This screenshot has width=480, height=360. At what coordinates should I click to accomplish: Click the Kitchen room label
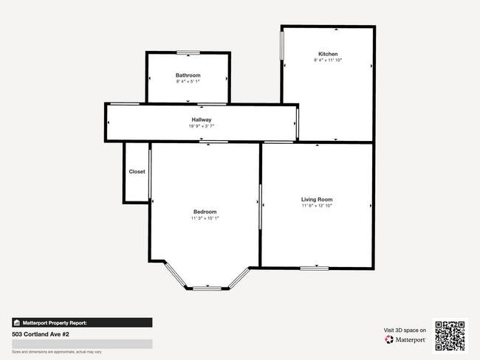pyautogui.click(x=328, y=54)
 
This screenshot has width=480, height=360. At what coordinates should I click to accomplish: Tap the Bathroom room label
pyautogui.click(x=188, y=75)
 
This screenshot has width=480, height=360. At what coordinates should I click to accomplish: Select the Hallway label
pyautogui.click(x=202, y=120)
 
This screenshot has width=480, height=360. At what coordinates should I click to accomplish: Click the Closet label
pyautogui.click(x=137, y=172)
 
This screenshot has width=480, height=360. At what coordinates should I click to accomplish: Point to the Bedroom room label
pyautogui.click(x=205, y=212)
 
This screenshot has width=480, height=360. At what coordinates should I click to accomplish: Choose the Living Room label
pyautogui.click(x=317, y=199)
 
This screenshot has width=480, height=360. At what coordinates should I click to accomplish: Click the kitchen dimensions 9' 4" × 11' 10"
pyautogui.click(x=328, y=60)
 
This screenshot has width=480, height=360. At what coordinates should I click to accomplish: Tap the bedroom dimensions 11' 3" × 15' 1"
pyautogui.click(x=205, y=218)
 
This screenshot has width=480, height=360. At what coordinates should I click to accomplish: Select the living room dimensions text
pyautogui.click(x=317, y=206)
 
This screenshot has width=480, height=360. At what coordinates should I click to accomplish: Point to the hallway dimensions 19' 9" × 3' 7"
pyautogui.click(x=202, y=126)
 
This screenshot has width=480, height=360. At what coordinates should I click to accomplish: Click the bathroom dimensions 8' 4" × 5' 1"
pyautogui.click(x=188, y=81)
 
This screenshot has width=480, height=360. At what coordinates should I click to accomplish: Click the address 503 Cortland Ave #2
pyautogui.click(x=41, y=333)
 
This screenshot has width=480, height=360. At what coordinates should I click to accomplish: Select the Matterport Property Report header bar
pyautogui.click(x=82, y=322)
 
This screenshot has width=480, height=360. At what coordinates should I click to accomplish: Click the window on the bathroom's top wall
pyautogui.click(x=188, y=52)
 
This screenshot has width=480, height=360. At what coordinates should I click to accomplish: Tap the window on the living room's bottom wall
pyautogui.click(x=314, y=267)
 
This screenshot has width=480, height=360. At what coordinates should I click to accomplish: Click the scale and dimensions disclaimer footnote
pyautogui.click(x=57, y=352)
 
